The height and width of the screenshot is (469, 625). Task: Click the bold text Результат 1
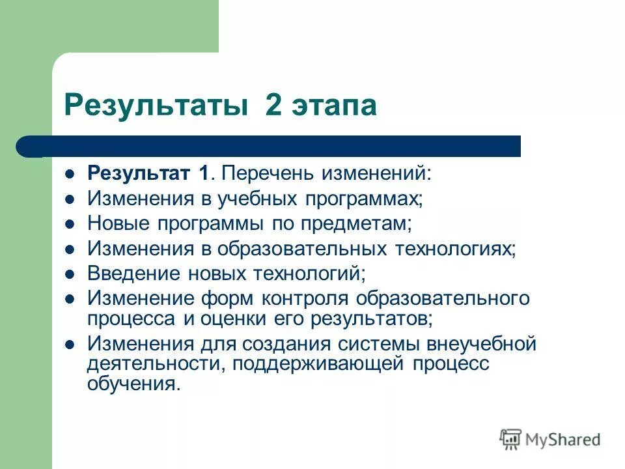pos(149,173)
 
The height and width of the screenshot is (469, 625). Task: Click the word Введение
pos(131,273)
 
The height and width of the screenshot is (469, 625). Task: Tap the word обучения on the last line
pos(133,384)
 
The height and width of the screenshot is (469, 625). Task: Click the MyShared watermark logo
pos(550,439)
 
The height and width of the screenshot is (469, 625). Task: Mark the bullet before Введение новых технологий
pos(71,274)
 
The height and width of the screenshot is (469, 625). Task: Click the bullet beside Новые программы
pos(71,223)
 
